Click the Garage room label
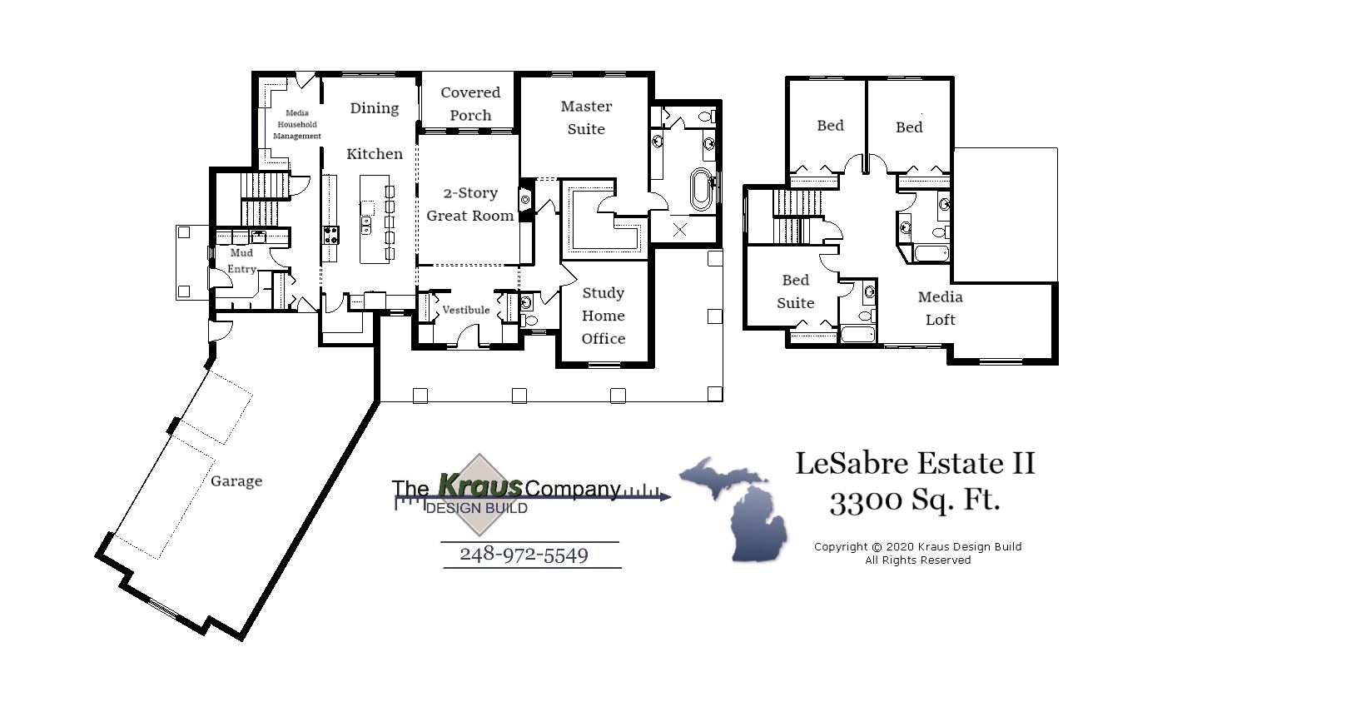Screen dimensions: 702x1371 pyautogui.click(x=236, y=481)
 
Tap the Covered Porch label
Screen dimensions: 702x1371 pyautogui.click(x=470, y=104)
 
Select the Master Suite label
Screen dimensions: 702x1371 pyautogui.click(x=586, y=117)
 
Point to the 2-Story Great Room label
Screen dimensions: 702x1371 pyautogui.click(x=470, y=204)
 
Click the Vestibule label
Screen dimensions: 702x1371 pyautogui.click(x=466, y=310)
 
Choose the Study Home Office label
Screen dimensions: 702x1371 pyautogui.click(x=604, y=316)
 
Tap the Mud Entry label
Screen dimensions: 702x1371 pyautogui.click(x=241, y=261)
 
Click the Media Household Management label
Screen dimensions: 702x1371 pyautogui.click(x=297, y=125)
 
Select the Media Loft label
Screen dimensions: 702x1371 pyautogui.click(x=941, y=308)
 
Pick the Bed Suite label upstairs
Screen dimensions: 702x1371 pyautogui.click(x=795, y=291)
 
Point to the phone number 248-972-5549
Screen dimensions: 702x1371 pyautogui.click(x=524, y=555)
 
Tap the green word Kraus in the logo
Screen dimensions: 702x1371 pyautogui.click(x=480, y=485)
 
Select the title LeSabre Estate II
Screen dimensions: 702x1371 pyautogui.click(x=915, y=463)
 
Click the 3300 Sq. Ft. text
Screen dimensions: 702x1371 pyautogui.click(x=915, y=500)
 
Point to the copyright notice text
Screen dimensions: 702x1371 pyautogui.click(x=917, y=553)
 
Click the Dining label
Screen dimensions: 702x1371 pyautogui.click(x=375, y=108)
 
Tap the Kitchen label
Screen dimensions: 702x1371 pyautogui.click(x=375, y=154)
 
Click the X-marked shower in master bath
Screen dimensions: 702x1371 pyautogui.click(x=680, y=230)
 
